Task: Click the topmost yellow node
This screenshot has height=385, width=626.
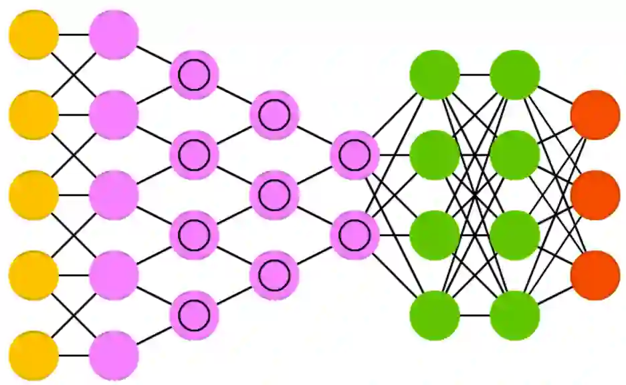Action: pos(33,35)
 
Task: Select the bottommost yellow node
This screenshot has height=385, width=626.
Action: pos(33,356)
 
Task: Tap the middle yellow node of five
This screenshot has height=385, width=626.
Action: pos(33,195)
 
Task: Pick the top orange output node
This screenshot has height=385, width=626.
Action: pos(595,115)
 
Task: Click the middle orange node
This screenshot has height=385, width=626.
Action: pos(595,195)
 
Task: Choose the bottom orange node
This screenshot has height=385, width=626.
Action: pos(595,275)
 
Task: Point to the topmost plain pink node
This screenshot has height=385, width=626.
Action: pos(114,35)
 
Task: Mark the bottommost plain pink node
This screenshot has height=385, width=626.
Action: pos(114,356)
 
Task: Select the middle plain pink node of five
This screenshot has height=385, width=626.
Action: pos(114,195)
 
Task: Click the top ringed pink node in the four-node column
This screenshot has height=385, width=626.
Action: pos(194,75)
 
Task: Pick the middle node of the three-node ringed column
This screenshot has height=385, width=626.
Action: pos(274,195)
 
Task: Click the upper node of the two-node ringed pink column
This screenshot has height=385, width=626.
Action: pos(354,155)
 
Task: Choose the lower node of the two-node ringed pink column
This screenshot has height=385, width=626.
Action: pos(354,235)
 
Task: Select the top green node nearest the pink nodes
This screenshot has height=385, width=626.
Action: pos(435,75)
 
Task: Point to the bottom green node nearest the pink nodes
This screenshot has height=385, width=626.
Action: pos(435,315)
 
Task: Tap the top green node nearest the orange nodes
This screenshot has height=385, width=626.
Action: pos(515,75)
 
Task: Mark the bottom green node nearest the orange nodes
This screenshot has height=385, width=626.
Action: pos(515,315)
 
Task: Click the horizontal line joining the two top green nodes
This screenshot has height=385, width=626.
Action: pos(475,75)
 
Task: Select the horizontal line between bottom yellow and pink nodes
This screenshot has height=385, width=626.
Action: pos(74,356)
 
